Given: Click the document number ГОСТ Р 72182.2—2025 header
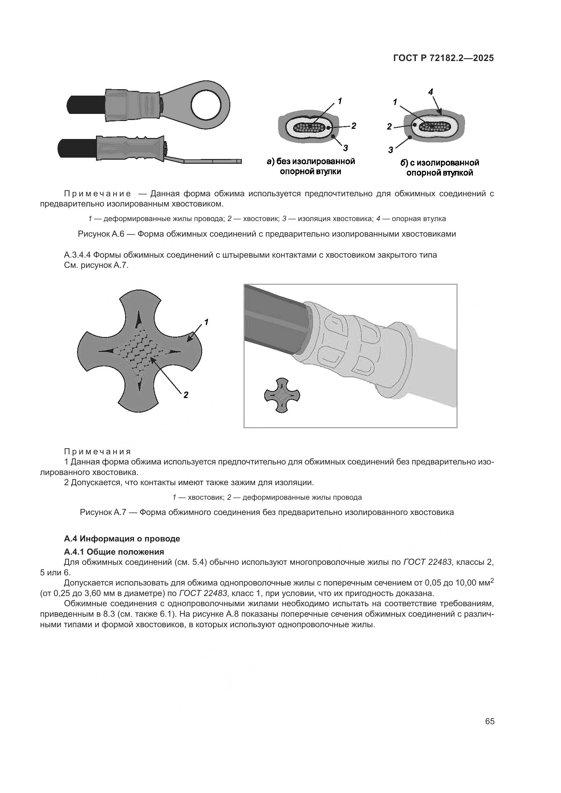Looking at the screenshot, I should click(x=444, y=58).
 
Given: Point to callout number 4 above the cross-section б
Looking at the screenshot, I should click(x=430, y=92).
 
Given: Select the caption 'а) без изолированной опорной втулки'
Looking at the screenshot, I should click(x=311, y=166).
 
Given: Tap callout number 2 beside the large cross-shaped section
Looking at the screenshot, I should click(x=186, y=395).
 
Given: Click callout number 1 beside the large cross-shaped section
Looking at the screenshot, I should click(x=206, y=322).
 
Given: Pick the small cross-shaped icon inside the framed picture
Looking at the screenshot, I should click(x=282, y=395).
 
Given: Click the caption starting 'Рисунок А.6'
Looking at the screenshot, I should click(x=267, y=234).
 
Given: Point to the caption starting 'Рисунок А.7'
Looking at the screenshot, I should click(x=267, y=512).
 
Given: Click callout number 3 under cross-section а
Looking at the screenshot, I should click(x=345, y=148).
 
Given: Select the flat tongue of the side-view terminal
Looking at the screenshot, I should click(x=211, y=161).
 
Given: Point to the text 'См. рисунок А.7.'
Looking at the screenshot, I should click(x=96, y=266).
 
